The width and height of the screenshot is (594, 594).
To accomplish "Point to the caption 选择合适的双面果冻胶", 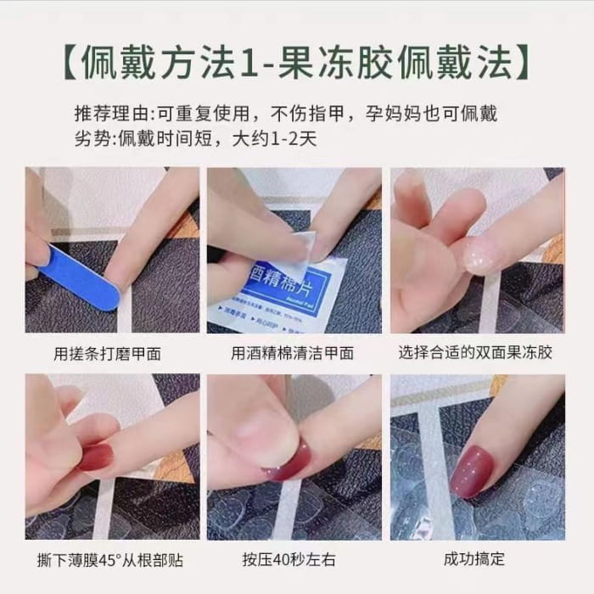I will pos(475,352).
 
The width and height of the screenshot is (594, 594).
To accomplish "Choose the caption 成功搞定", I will pos(474,560).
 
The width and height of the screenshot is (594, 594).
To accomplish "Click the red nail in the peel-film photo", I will pos(96,457).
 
